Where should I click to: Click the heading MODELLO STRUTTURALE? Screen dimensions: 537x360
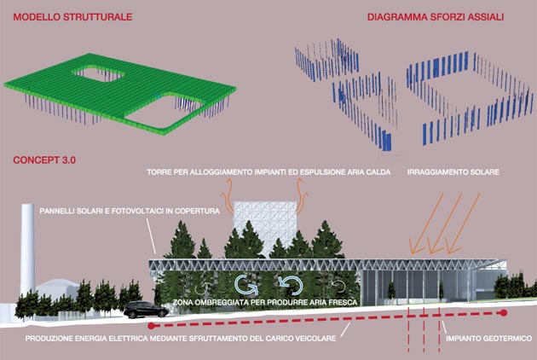[x=72, y=17]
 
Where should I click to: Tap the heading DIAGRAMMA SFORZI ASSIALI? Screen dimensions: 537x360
[x=436, y=17]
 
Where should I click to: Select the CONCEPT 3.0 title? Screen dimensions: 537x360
[x=44, y=160]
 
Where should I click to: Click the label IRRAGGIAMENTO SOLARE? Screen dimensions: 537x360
[x=453, y=172]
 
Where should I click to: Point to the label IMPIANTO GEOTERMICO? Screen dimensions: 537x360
[x=488, y=339]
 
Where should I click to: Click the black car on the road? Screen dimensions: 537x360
[x=146, y=310]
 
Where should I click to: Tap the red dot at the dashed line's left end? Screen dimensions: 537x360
[x=151, y=325]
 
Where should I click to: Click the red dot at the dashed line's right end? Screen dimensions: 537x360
[x=504, y=313]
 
